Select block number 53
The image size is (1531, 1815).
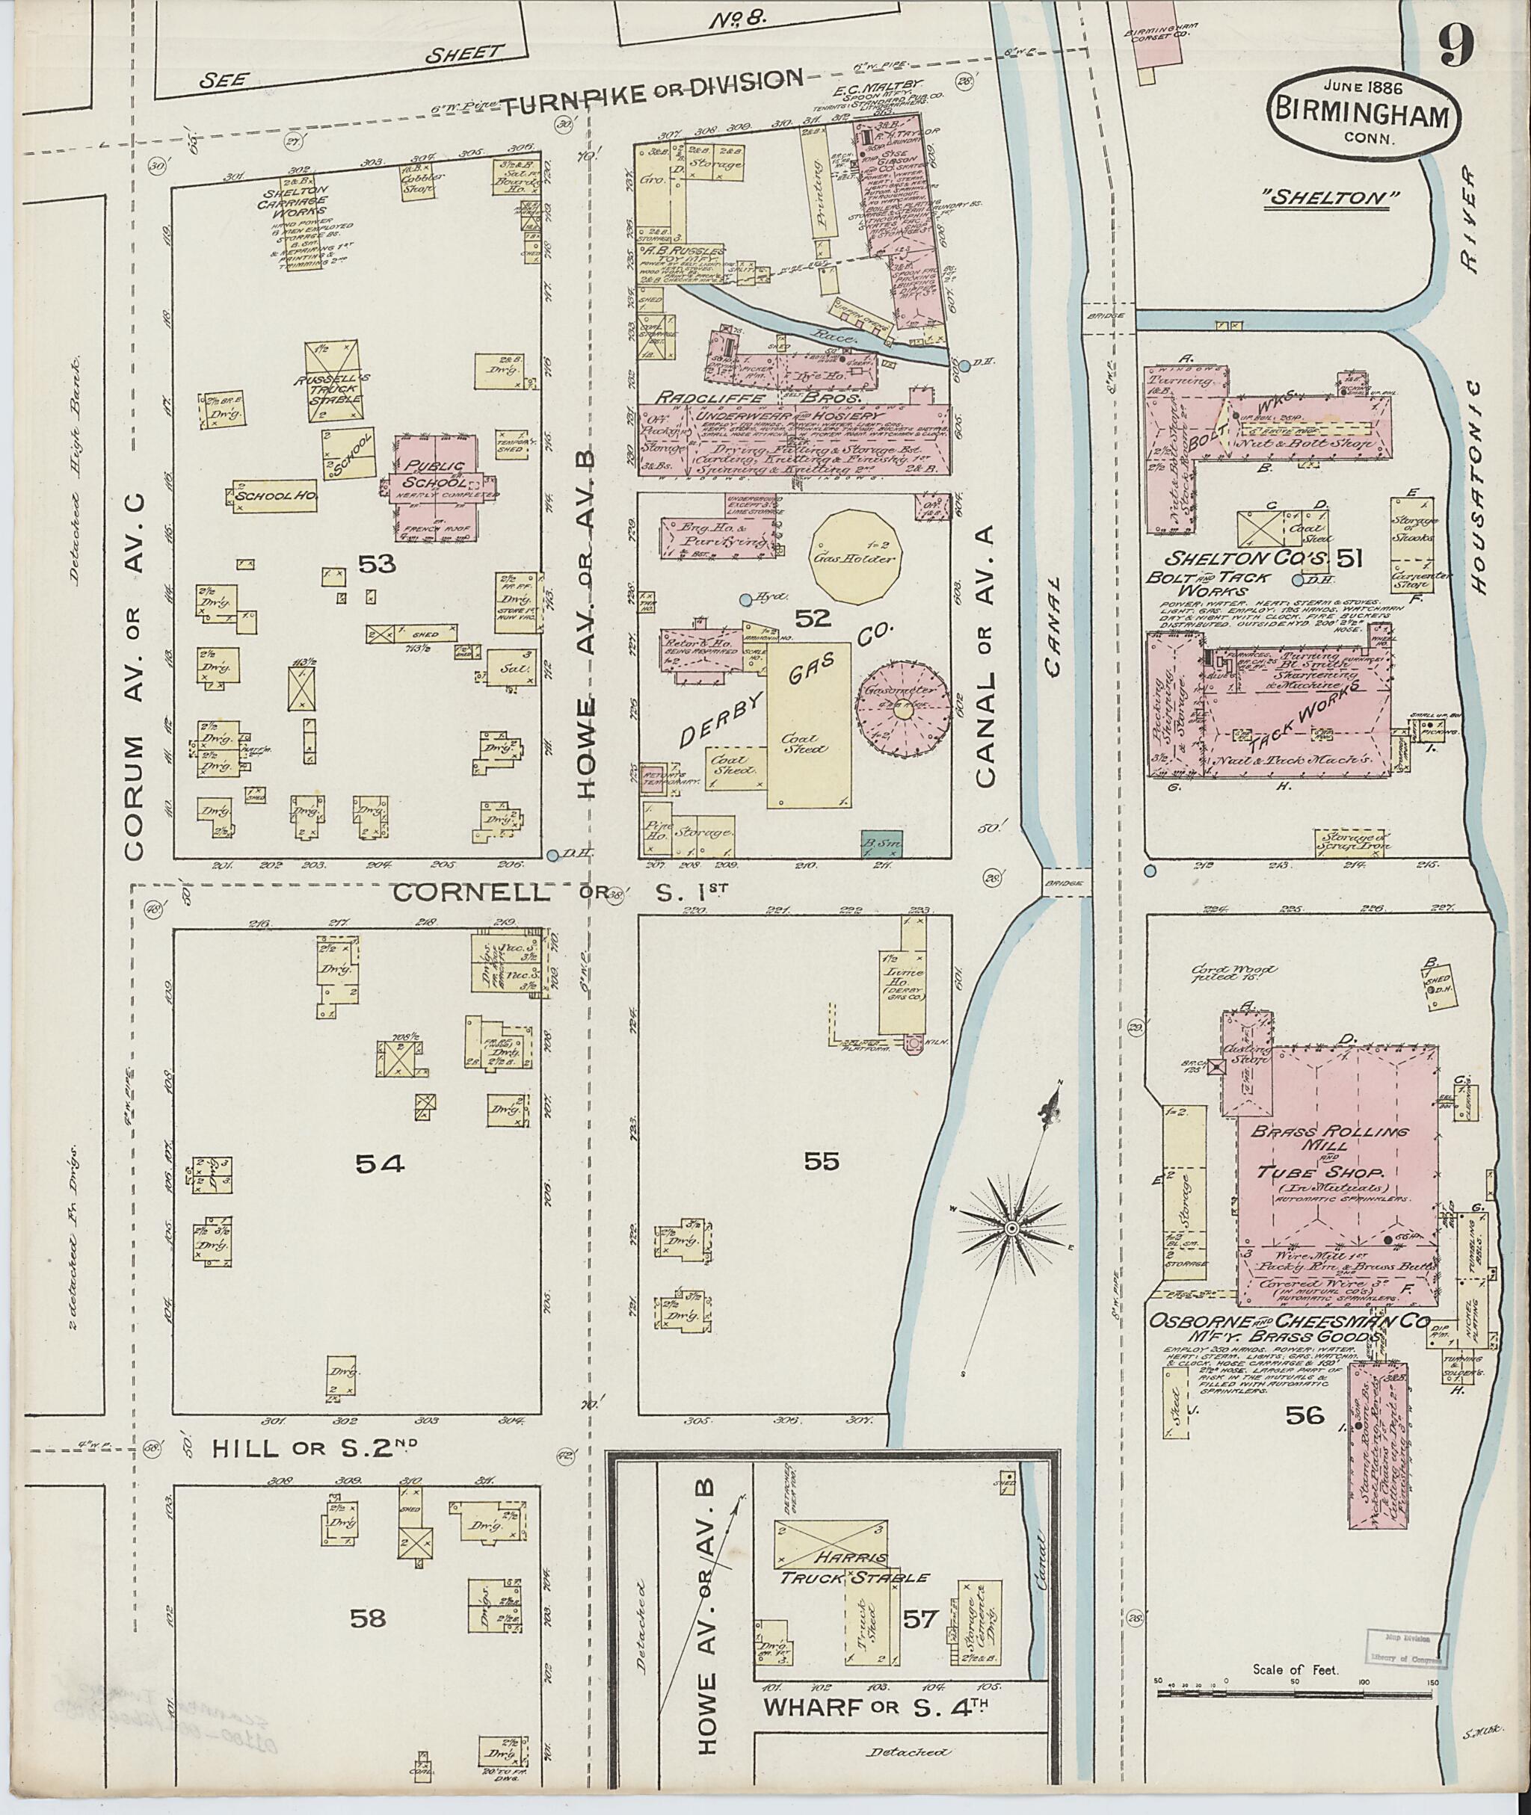377,565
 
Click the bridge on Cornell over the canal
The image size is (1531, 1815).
1065,883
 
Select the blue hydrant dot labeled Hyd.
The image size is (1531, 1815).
745,599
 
